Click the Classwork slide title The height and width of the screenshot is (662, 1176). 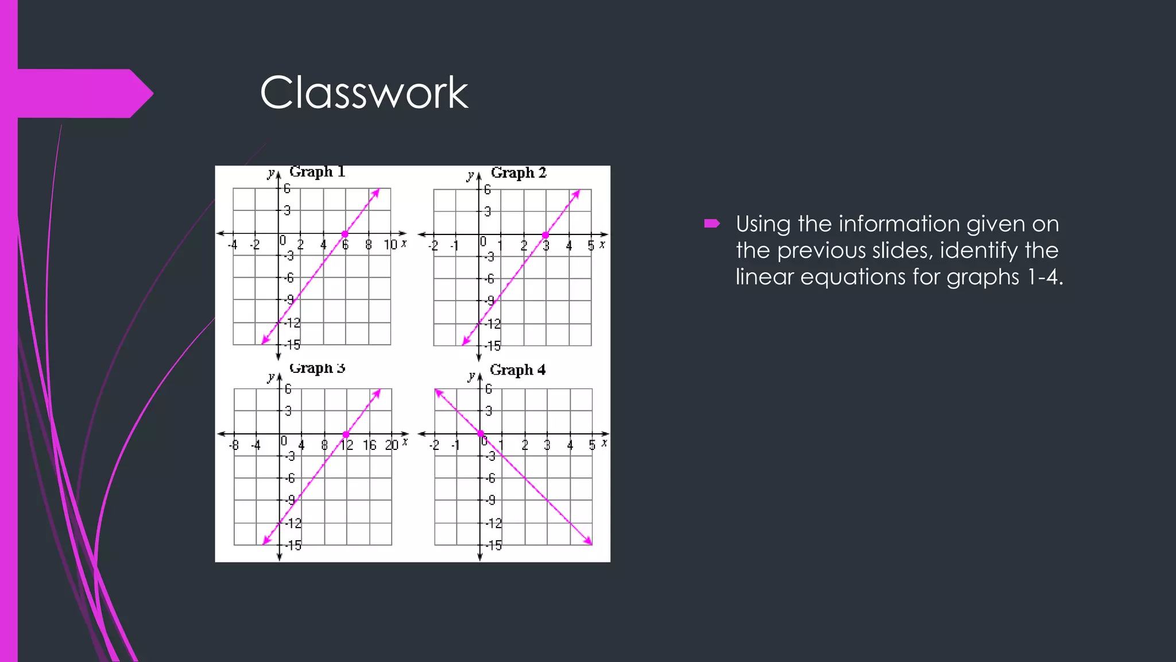click(364, 93)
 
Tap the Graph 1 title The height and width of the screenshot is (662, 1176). click(317, 171)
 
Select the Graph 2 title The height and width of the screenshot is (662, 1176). click(518, 172)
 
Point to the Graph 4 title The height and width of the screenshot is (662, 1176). click(517, 370)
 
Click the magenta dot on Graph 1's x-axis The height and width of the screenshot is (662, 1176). click(345, 234)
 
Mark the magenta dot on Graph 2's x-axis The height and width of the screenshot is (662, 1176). click(546, 235)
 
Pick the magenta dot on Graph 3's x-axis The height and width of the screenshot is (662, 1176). click(346, 434)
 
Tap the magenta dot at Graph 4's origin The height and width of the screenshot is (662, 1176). click(481, 434)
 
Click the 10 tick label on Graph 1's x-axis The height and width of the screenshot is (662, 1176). click(390, 245)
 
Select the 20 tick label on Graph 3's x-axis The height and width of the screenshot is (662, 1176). click(392, 445)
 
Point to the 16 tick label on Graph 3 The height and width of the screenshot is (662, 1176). click(369, 445)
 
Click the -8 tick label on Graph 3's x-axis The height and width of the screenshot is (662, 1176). click(234, 445)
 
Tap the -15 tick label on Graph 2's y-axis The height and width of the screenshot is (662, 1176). click(493, 346)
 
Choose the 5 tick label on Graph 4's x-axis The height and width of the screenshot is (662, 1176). click(591, 445)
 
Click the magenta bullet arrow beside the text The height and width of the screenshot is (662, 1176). click(712, 224)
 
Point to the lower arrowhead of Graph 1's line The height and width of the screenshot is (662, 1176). click(265, 341)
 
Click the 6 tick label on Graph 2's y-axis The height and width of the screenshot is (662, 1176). click(488, 190)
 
